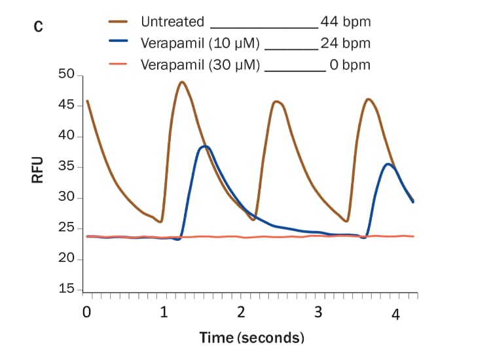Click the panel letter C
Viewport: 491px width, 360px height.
(x=39, y=27)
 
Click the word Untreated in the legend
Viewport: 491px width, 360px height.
(x=172, y=22)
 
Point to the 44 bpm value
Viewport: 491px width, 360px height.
(x=346, y=22)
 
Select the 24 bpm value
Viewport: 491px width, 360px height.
(x=346, y=43)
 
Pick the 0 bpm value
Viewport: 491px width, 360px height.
(x=350, y=65)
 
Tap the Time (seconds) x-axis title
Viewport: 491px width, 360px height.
(x=252, y=338)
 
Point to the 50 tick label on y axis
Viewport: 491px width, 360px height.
(x=67, y=75)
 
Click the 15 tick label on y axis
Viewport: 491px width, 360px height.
(x=67, y=289)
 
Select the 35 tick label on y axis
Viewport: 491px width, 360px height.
(x=67, y=167)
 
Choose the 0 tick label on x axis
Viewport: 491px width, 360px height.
(x=86, y=312)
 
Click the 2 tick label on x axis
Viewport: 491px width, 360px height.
(x=241, y=312)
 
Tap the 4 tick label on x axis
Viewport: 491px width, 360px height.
(x=395, y=315)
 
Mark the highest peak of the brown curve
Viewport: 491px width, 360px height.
(x=181, y=82)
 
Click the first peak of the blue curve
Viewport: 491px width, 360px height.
(x=205, y=146)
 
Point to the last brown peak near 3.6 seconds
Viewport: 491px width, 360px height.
(x=369, y=99)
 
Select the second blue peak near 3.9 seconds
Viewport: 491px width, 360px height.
(x=389, y=164)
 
